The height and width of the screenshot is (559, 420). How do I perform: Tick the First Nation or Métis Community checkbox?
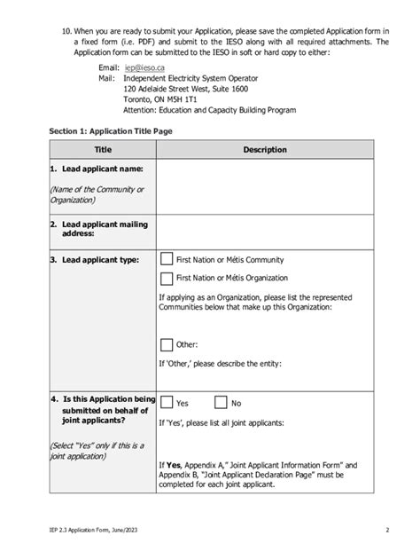pos(166,259)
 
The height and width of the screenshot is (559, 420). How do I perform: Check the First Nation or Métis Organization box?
pos(166,279)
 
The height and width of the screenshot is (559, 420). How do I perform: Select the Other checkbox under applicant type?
pos(166,344)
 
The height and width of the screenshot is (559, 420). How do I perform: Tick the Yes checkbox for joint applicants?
pos(166,402)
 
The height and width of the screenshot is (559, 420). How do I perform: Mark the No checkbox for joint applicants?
pos(221,402)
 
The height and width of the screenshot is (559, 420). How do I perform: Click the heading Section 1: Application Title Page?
pos(111,131)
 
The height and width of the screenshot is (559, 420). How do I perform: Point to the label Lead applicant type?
pos(90,260)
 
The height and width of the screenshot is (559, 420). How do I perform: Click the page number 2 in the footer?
pos(387,531)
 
